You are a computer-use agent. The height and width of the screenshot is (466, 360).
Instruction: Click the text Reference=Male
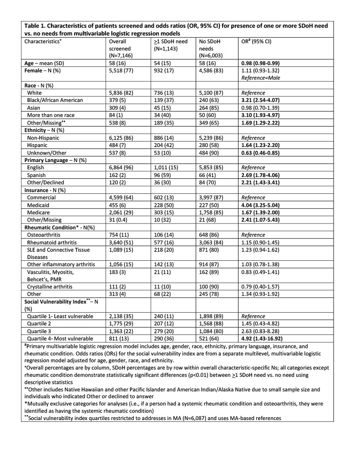click(x=261, y=78)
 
